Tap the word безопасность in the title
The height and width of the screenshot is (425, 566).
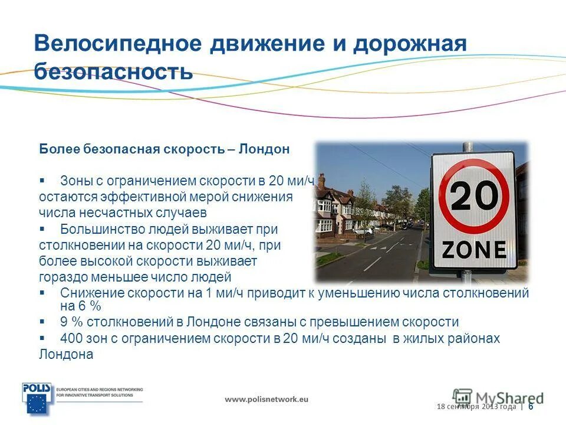tap(113, 71)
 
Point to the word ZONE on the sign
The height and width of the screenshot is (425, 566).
tap(474, 250)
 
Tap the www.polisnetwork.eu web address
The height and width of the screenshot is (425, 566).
tap(266, 399)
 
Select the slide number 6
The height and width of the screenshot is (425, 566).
tap(531, 407)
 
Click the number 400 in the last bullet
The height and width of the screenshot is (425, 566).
tap(71, 339)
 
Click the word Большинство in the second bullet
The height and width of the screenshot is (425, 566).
tap(96, 229)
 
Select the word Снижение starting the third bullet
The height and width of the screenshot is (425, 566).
tap(88, 293)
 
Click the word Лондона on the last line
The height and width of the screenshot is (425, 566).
tap(66, 355)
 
